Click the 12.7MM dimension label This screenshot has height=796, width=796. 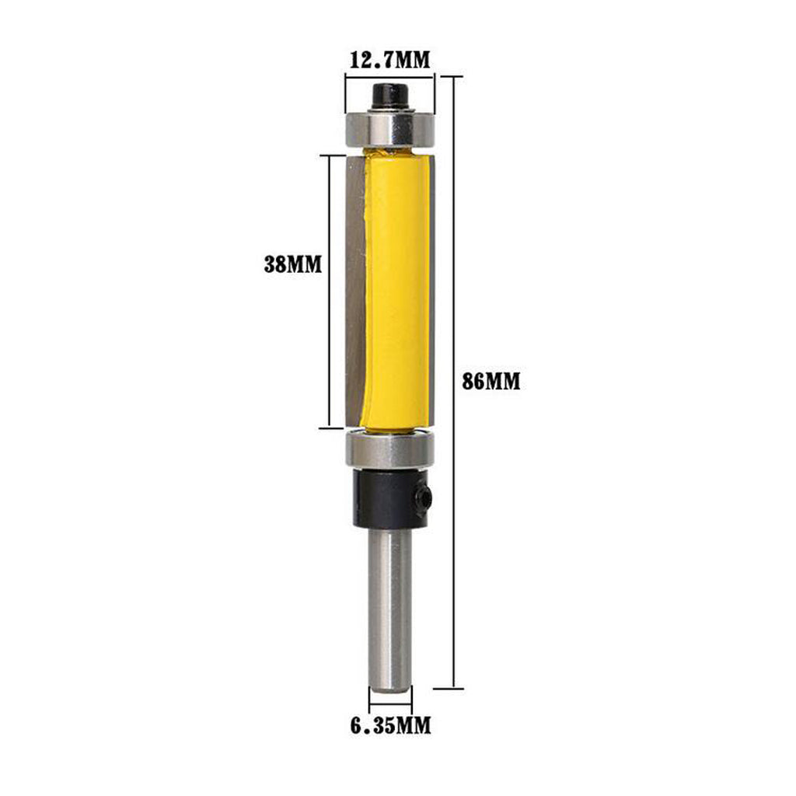389,60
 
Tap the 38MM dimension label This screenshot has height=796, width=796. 293,264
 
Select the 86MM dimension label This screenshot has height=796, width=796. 491,381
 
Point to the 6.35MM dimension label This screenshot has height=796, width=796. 390,725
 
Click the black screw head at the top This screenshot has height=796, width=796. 390,96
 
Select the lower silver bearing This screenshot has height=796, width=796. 390,449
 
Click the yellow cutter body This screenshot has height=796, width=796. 396,289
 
